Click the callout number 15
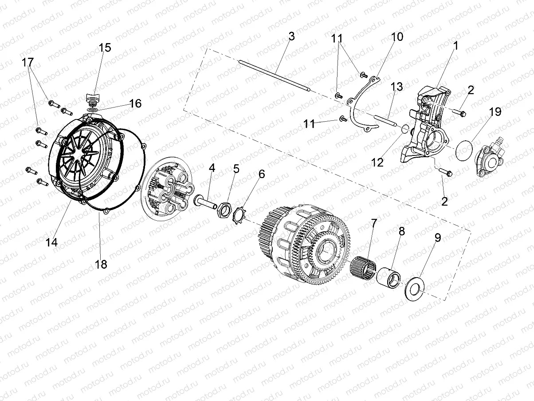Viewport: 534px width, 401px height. pos(105,48)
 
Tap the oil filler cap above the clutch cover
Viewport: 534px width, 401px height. pos(92,96)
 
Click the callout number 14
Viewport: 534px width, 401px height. pos(51,242)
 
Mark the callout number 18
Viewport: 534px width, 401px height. pos(101,264)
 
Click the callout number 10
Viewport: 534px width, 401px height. pos(397,36)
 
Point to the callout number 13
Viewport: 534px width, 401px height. pos(397,87)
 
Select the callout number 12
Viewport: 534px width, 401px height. pos(377,162)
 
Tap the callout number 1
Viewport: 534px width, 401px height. pos(455,45)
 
